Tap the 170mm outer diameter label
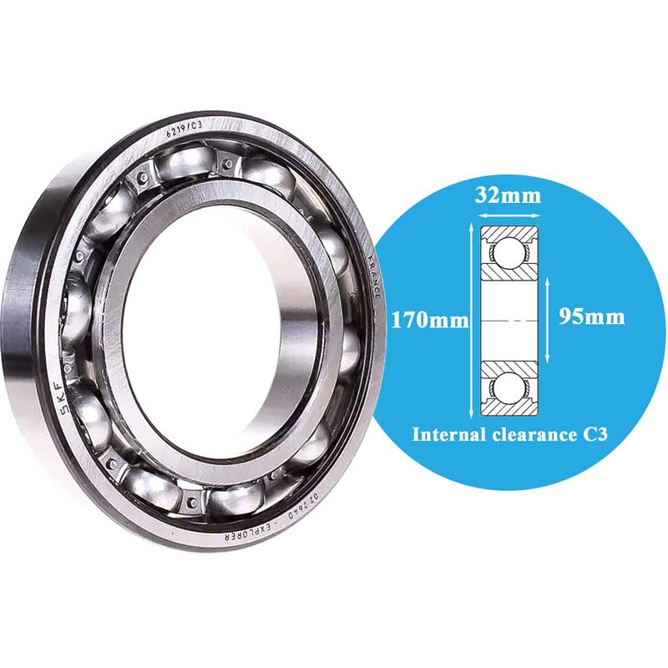tap(428, 318)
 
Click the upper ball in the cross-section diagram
tap(508, 252)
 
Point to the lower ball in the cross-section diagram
tap(508, 387)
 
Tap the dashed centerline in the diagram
tap(508, 320)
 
